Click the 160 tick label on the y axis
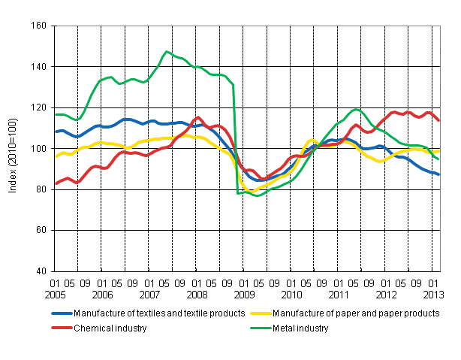[x=38, y=26]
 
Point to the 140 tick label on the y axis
[x=38, y=67]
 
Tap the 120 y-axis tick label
[x=38, y=107]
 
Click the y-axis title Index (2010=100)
[x=13, y=149]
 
